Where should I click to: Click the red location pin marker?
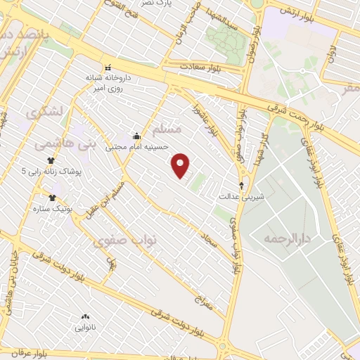click(x=181, y=165)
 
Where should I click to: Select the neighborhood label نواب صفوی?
click(x=126, y=240)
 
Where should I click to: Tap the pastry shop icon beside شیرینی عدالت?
click(x=243, y=186)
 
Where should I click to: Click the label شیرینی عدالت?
click(x=243, y=198)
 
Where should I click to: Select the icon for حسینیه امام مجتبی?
click(x=136, y=136)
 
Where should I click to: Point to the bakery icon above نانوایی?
click(x=86, y=317)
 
